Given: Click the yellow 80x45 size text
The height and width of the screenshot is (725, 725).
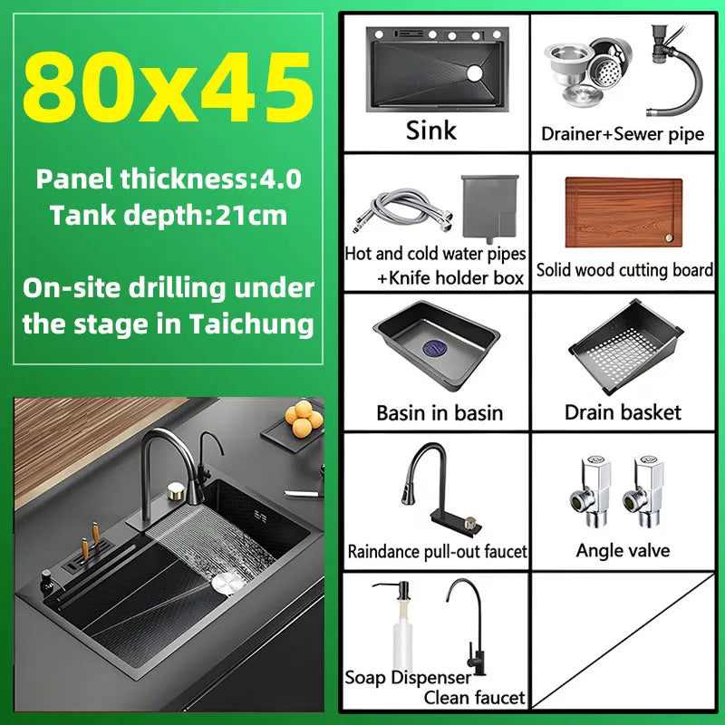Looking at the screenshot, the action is tap(168, 87).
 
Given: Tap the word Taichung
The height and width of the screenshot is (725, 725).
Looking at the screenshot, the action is tap(252, 324).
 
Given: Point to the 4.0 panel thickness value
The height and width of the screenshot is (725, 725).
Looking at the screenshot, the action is tap(280, 179).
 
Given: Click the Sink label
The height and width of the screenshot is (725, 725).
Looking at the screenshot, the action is tap(431, 130).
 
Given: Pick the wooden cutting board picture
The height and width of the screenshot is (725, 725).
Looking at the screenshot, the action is tap(623, 212).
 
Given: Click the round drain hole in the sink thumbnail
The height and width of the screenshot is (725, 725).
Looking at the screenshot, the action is tap(474, 73).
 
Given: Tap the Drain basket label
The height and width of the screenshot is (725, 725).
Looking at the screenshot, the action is tap(623, 412).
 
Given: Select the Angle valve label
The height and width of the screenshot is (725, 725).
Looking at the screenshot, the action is tap(623, 550).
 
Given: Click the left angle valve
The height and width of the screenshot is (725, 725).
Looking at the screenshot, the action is tap(592, 490).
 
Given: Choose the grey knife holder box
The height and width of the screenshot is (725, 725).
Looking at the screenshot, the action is tap(490, 208).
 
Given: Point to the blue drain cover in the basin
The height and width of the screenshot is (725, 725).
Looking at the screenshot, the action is tap(435, 348).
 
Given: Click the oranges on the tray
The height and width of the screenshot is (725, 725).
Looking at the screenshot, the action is tap(304, 419).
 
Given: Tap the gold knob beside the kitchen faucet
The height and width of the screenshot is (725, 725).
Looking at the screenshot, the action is tap(176, 491).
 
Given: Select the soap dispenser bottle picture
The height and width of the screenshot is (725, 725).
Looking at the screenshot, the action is tap(401, 624).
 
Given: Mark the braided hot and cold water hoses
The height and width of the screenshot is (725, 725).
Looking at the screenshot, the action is tap(403, 210).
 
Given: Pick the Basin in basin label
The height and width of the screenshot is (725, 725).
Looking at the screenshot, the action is tap(440, 413).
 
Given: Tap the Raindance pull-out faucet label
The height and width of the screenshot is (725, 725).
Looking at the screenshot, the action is tap(437, 551).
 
